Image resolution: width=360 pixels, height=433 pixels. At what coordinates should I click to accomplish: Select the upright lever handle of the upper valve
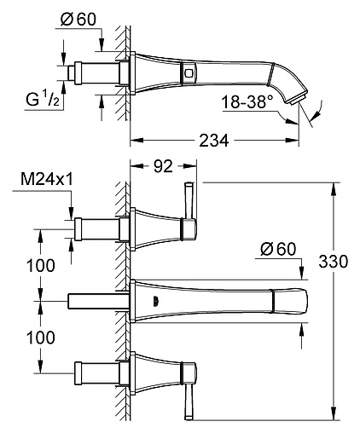[x=190, y=205]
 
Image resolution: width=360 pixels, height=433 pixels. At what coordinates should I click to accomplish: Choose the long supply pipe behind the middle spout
[x=96, y=300]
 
